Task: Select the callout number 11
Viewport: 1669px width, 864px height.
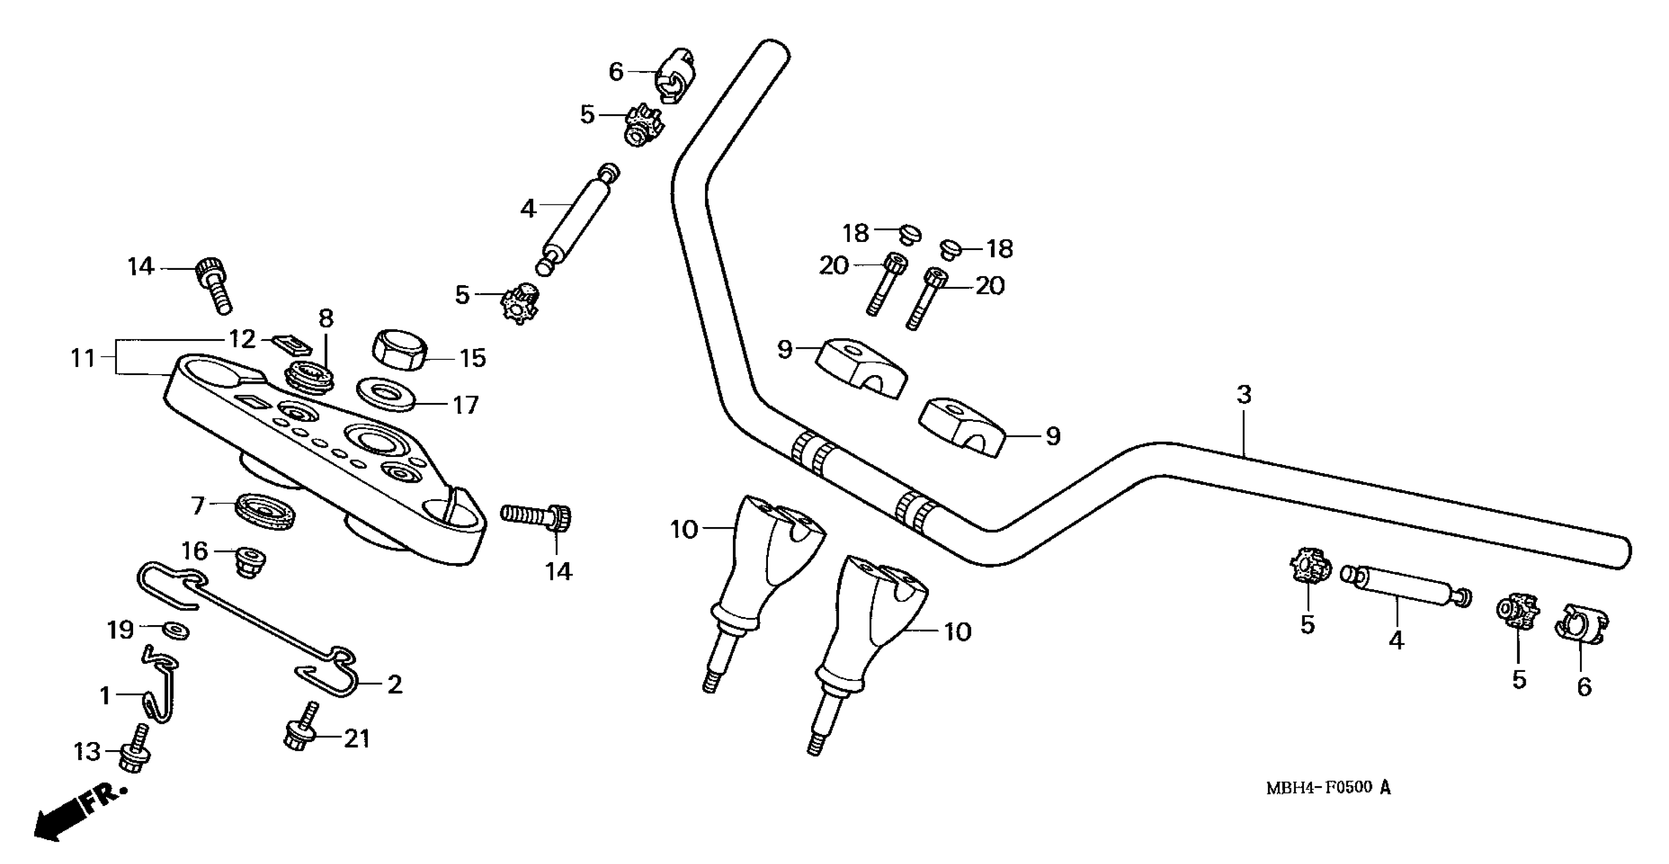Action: click(83, 358)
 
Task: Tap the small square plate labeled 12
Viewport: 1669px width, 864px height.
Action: click(291, 345)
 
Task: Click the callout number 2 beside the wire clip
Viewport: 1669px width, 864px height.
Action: click(395, 685)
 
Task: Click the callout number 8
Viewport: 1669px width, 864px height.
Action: click(326, 318)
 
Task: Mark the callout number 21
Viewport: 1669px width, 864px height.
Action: click(356, 738)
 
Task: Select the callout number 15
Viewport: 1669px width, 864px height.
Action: click(472, 358)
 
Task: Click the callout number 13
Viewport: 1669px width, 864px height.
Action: click(87, 752)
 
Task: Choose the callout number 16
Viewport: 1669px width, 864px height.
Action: click(194, 551)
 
